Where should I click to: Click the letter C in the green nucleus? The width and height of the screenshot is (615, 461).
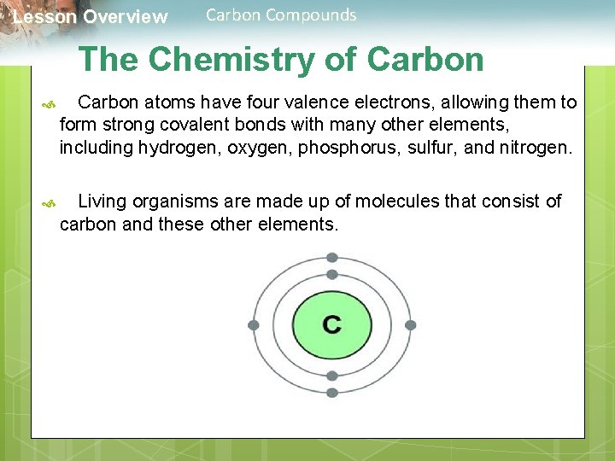332,324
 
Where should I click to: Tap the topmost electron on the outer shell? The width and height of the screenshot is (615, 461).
332,257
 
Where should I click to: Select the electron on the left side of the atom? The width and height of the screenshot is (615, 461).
253,325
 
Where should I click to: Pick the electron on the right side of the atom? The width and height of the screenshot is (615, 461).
411,325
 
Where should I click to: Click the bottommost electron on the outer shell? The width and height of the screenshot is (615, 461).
332,393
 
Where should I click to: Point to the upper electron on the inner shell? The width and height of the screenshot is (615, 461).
332,274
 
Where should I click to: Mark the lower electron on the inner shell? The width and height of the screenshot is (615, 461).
332,376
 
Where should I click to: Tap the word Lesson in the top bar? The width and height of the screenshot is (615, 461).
44,17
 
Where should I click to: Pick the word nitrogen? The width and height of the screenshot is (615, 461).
538,148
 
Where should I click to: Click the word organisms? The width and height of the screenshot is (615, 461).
177,202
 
